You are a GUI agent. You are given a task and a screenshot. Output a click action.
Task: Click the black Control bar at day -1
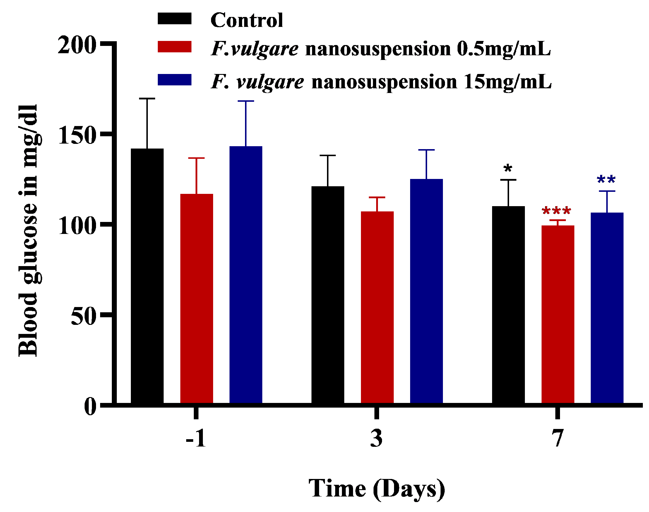click(147, 276)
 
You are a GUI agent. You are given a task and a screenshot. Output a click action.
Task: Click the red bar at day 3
click(377, 307)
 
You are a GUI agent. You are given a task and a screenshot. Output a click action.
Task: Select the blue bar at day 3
click(426, 291)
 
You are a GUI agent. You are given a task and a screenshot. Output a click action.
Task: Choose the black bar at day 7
click(508, 305)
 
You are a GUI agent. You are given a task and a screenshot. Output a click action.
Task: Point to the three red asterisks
click(556, 211)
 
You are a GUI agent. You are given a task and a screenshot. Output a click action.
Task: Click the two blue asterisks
click(606, 180)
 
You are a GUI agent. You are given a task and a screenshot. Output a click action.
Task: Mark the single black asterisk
click(508, 168)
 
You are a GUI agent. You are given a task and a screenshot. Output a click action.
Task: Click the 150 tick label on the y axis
click(77, 135)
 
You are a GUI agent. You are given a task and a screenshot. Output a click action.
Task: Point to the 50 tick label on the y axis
click(83, 317)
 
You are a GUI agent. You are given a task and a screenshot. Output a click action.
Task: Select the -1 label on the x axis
click(196, 438)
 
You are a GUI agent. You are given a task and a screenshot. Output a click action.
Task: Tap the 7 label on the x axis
click(558, 438)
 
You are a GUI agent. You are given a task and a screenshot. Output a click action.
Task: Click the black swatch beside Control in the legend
click(174, 19)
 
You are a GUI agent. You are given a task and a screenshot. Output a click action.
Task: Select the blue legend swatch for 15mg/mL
click(174, 80)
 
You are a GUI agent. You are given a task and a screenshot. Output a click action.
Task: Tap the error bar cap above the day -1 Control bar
click(147, 98)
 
